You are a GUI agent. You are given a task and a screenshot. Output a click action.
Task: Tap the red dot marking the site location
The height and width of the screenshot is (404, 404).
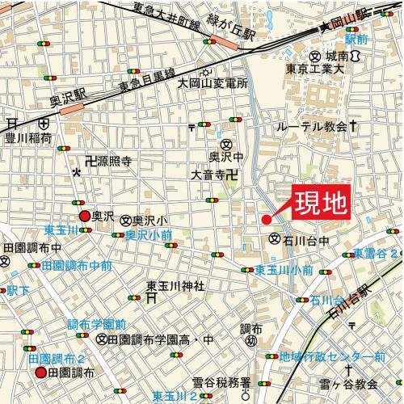pyautogui.click(x=266, y=219)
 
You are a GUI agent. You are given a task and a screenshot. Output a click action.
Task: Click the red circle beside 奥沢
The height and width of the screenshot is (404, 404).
pyautogui.click(x=84, y=216)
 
